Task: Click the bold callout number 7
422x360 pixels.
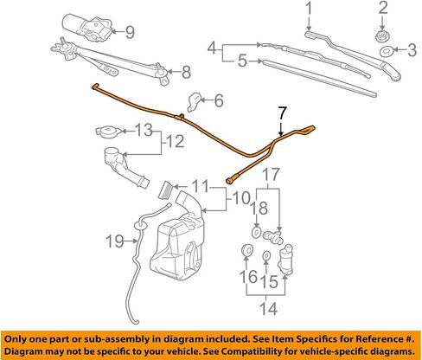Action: click(283, 113)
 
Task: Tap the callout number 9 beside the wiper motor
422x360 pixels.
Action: click(130, 32)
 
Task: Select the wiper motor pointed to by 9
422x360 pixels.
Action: click(87, 28)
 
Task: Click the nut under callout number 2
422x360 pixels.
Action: click(382, 36)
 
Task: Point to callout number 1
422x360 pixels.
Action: click(309, 9)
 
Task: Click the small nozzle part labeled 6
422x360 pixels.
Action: click(195, 102)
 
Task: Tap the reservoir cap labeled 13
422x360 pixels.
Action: click(108, 131)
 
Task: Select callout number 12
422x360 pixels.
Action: click(176, 141)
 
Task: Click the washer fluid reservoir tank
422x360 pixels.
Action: click(178, 241)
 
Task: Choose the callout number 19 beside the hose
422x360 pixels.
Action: click(114, 241)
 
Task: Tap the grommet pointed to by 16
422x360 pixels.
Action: click(246, 249)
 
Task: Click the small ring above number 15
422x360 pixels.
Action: click(266, 255)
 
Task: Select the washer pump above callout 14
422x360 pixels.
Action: click(285, 259)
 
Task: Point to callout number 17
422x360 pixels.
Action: click(272, 175)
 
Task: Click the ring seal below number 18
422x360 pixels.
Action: click(256, 232)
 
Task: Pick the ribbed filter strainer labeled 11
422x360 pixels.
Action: click(166, 190)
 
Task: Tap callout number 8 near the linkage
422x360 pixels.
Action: click(187, 72)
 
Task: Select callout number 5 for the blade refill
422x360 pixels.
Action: click(243, 61)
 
